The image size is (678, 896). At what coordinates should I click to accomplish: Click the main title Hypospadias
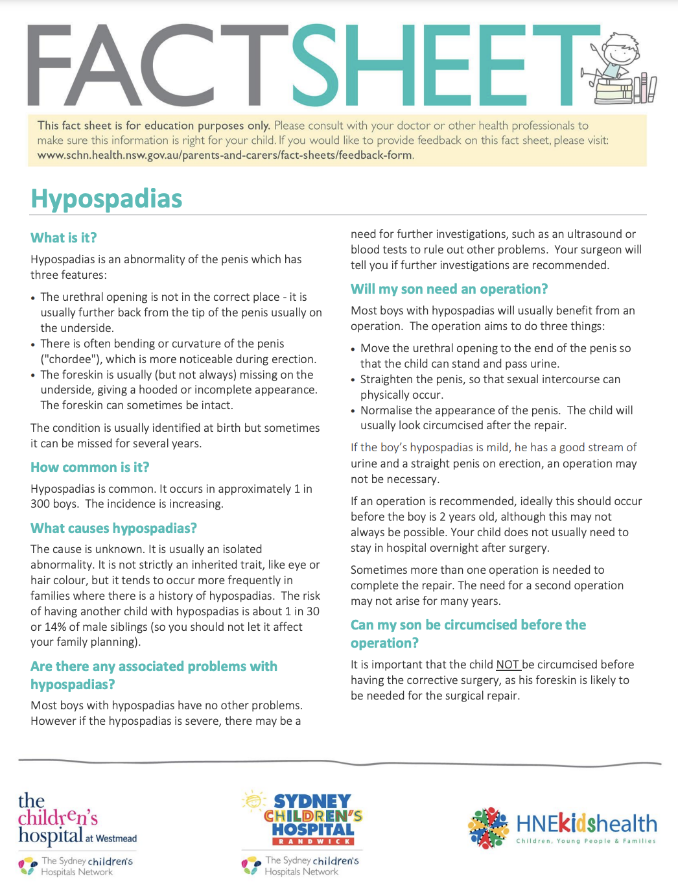(106, 199)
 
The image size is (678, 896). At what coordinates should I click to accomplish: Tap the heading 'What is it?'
(64, 238)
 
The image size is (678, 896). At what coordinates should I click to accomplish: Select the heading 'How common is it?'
(90, 467)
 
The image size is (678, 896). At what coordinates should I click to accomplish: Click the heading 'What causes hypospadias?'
(113, 528)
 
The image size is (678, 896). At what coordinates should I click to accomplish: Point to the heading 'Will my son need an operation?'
(449, 289)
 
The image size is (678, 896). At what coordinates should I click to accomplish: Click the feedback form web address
(224, 155)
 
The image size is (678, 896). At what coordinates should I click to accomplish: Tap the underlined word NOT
(508, 665)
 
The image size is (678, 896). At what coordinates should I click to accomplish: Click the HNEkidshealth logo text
(586, 825)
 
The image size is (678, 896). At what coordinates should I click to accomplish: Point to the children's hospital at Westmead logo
(76, 820)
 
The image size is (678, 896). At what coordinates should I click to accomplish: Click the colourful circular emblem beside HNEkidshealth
(489, 827)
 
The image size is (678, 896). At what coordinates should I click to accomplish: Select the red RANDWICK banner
(312, 842)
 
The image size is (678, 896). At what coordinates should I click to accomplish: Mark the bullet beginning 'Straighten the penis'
(490, 387)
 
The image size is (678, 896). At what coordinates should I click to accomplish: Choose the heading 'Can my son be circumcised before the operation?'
(468, 634)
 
